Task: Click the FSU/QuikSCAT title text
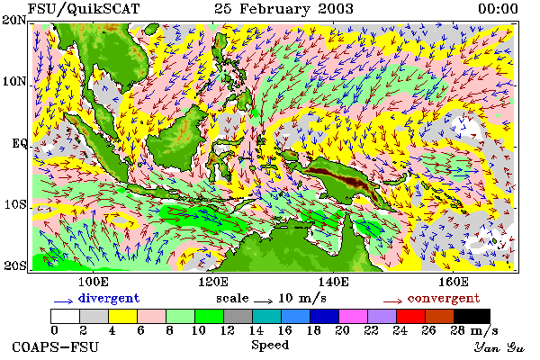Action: click(x=84, y=9)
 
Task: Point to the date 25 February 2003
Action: click(x=283, y=9)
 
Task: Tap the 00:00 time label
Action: click(x=498, y=9)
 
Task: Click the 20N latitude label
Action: click(x=14, y=21)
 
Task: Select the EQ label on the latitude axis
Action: click(x=19, y=143)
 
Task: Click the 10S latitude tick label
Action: click(x=15, y=204)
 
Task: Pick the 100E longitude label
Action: click(x=94, y=282)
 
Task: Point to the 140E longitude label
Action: click(x=333, y=282)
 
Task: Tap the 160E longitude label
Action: click(x=454, y=282)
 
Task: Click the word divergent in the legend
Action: click(x=109, y=298)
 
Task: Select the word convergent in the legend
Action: click(x=444, y=298)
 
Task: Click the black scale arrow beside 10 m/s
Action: click(x=264, y=301)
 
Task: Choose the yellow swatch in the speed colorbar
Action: click(x=123, y=316)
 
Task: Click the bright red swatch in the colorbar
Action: click(x=411, y=316)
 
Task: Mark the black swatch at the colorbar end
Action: click(x=472, y=316)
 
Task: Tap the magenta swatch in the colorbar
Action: click(x=354, y=316)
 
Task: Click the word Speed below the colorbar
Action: click(x=270, y=346)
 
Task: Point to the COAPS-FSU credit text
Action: click(x=56, y=346)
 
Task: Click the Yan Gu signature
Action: click(x=499, y=347)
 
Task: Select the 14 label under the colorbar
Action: click(x=256, y=330)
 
